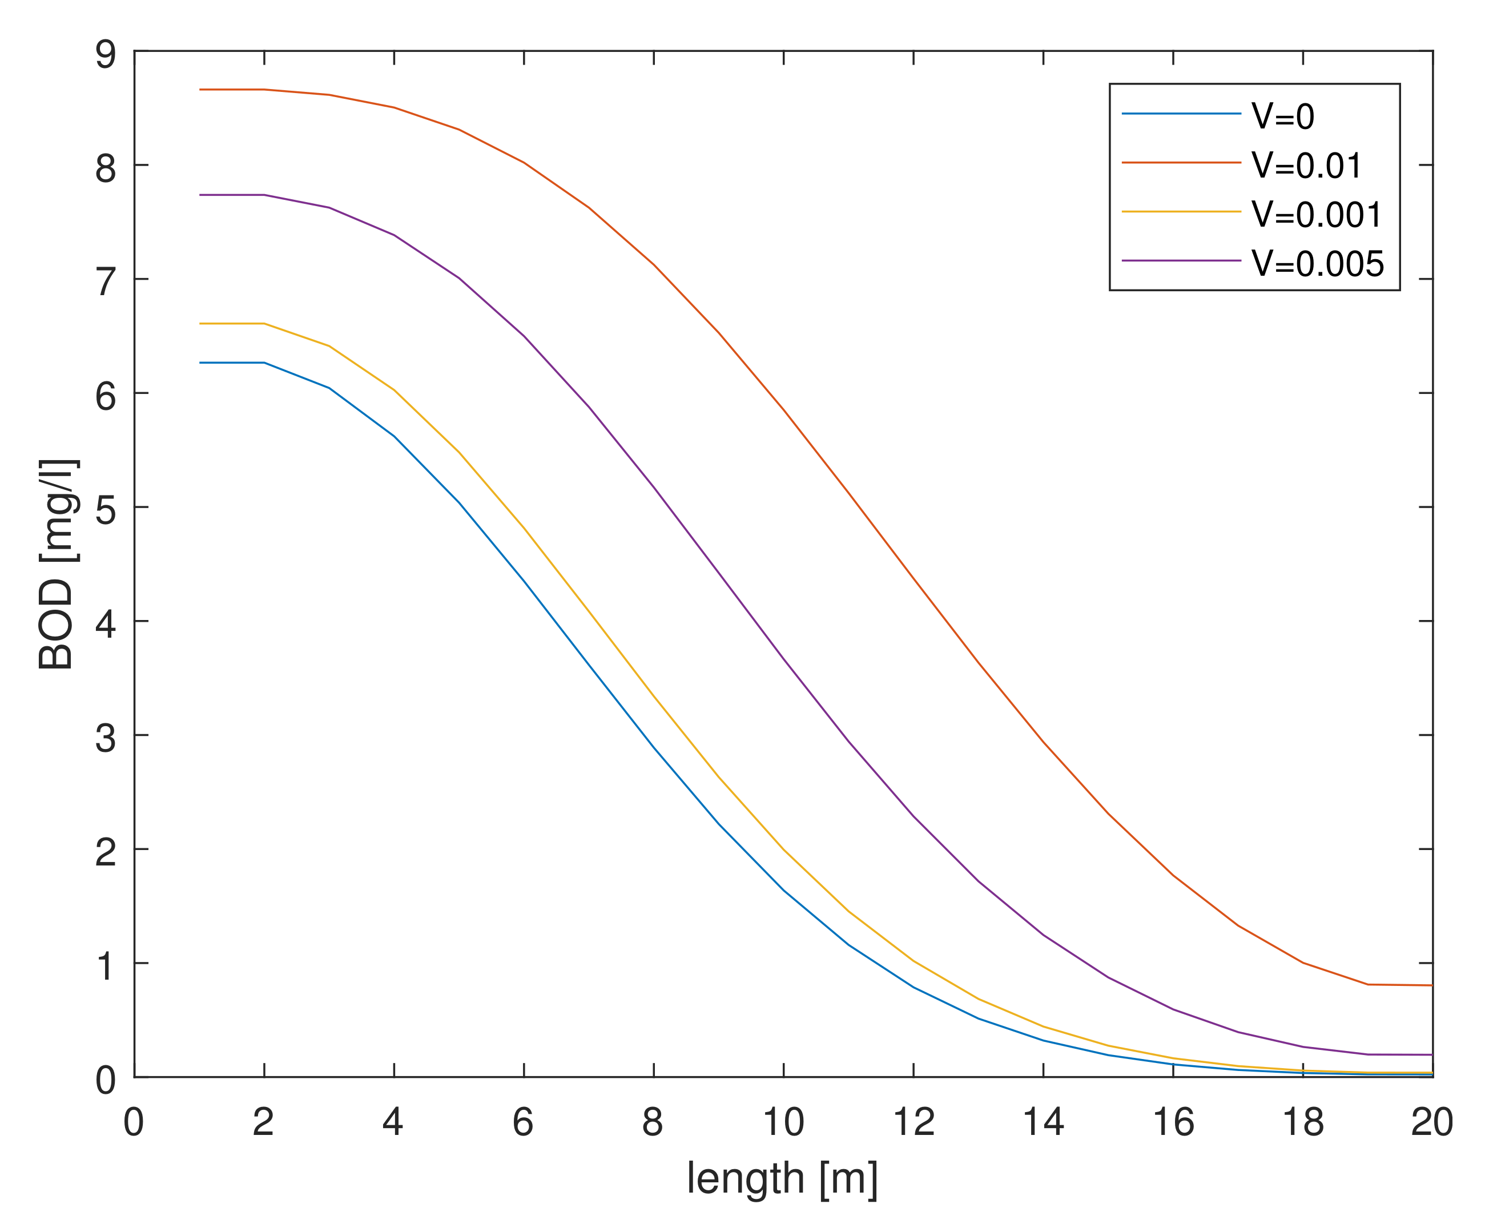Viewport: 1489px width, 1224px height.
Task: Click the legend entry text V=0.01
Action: (1306, 166)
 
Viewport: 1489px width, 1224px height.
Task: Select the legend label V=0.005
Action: (1318, 264)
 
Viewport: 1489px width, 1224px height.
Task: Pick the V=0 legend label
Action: (1282, 117)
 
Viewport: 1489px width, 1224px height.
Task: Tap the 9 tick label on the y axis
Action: (106, 54)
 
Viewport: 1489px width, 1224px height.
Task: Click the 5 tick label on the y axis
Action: (106, 510)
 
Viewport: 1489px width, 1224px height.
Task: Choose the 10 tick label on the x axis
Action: (783, 1122)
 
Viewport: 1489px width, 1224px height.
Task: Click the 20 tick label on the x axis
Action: (1432, 1122)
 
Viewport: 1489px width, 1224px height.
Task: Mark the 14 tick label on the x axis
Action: (1043, 1122)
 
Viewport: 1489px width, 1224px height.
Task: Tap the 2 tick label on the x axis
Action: (263, 1122)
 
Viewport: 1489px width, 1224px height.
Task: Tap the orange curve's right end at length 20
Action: (1432, 986)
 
